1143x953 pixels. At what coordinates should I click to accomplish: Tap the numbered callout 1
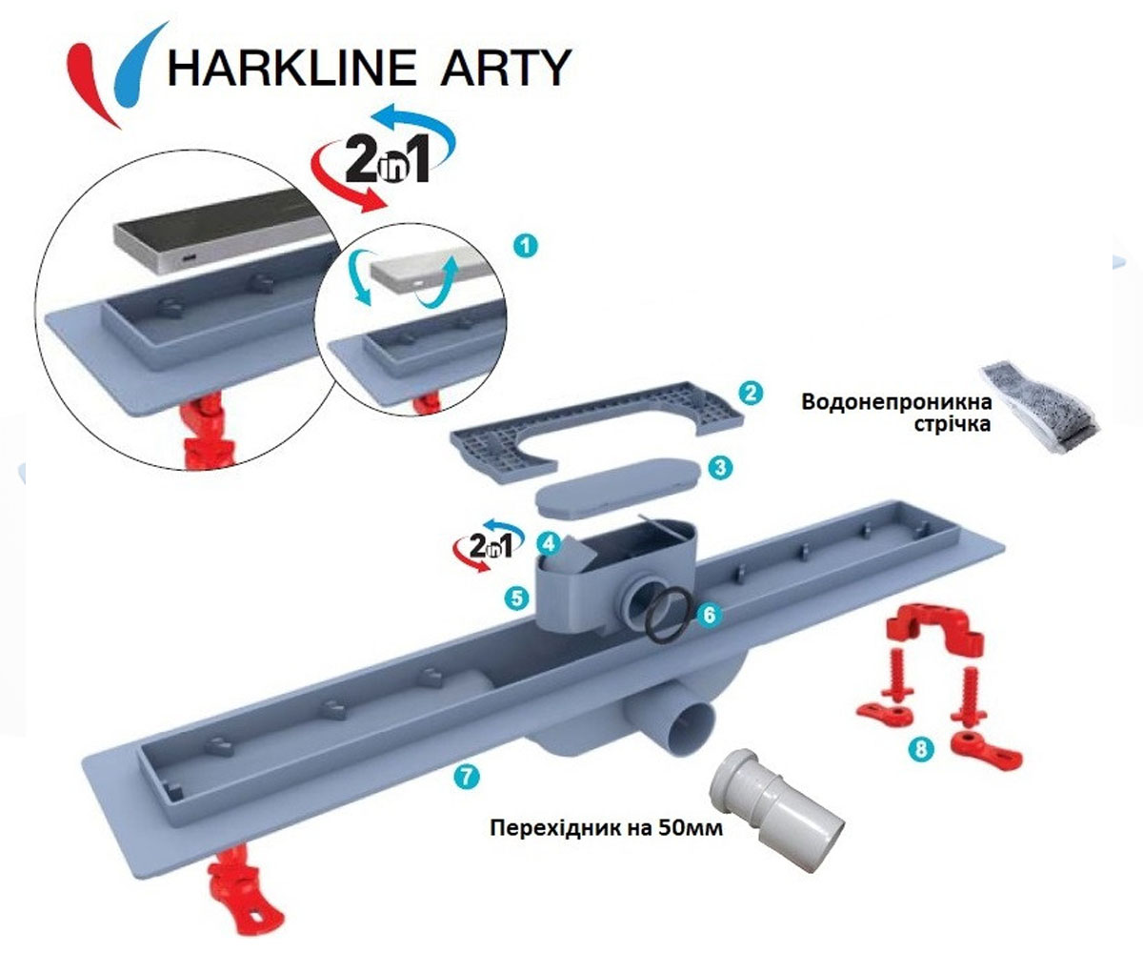pos(526,246)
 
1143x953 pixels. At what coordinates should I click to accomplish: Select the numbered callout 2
pos(751,393)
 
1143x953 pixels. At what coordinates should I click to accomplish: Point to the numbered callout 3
pos(720,468)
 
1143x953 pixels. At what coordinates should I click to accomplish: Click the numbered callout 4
pos(549,543)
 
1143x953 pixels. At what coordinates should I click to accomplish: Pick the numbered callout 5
pos(517,598)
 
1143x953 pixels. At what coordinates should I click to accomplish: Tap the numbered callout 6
pos(709,615)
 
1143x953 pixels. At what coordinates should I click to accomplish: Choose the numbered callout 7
pos(466,777)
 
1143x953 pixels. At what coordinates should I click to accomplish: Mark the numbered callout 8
pos(921,749)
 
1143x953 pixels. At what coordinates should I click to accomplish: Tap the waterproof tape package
pos(1038,406)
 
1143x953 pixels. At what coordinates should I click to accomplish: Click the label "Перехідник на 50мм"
pos(606,828)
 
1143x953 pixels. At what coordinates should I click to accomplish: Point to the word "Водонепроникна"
pos(896,402)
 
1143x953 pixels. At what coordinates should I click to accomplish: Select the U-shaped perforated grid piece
pos(596,433)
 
